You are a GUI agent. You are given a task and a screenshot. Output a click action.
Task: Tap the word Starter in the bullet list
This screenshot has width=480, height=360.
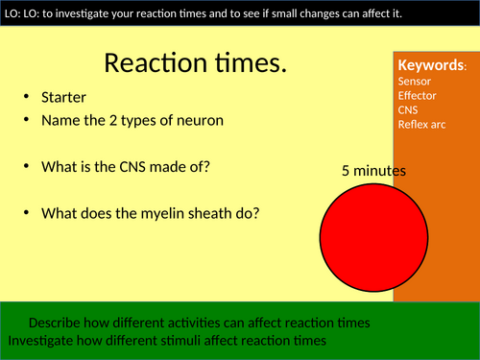[64, 98]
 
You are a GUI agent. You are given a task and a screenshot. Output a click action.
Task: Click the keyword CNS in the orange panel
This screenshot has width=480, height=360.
[408, 110]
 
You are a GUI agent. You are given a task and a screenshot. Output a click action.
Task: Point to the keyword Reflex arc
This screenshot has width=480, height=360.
[423, 125]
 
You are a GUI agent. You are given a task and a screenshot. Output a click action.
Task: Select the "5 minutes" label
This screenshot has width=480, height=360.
[373, 171]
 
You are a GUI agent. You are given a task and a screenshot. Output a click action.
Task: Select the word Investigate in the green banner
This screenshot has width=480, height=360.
[43, 340]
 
